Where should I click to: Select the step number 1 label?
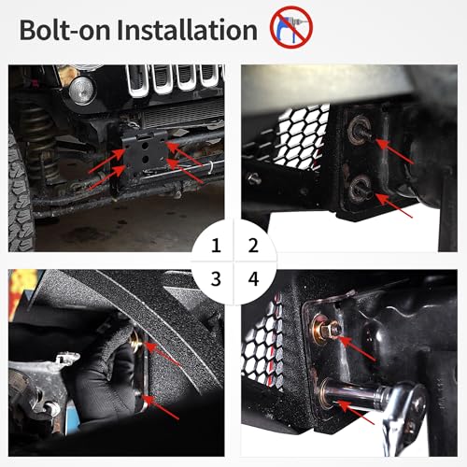216,247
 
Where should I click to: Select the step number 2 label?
251,247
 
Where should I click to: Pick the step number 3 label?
216,277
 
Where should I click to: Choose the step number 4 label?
251,277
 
